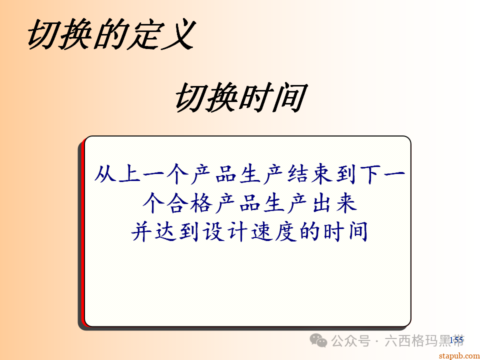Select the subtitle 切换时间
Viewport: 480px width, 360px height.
point(239,98)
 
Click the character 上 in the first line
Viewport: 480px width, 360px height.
point(130,175)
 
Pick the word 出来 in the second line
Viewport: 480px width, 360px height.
point(332,204)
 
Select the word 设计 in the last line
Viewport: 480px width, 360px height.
point(226,232)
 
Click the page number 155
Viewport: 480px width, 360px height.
point(456,340)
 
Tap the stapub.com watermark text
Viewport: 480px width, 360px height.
point(458,355)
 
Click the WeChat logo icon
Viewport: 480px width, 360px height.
point(318,340)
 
